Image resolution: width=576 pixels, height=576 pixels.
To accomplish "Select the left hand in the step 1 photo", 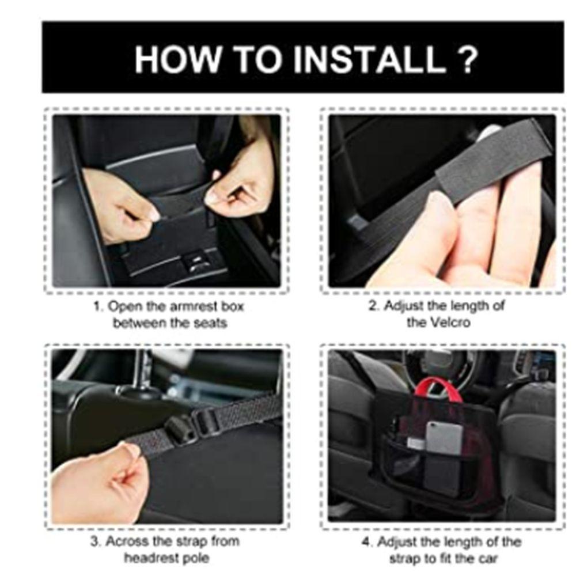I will tap(118, 204).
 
